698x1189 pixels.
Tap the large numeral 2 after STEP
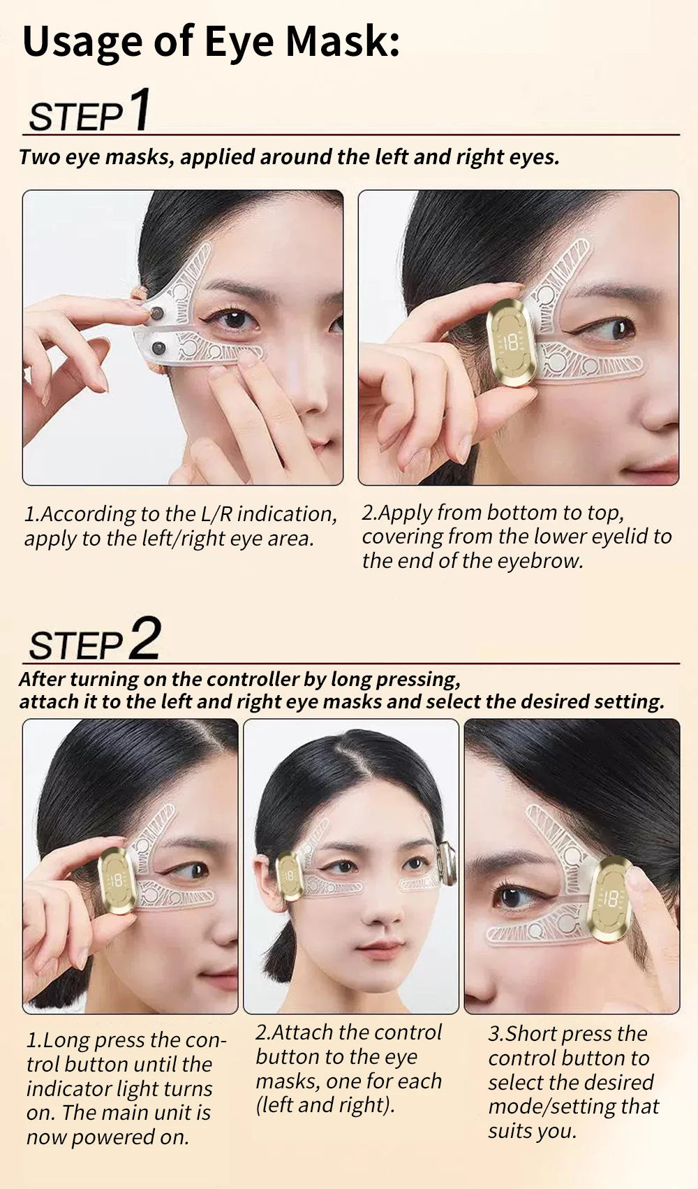point(144,638)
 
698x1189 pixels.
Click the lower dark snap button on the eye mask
point(158,347)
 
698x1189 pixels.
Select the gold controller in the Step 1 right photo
point(512,342)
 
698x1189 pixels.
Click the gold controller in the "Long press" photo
point(117,880)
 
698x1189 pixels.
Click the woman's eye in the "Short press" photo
point(513,896)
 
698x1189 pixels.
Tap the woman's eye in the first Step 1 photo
point(235,319)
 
